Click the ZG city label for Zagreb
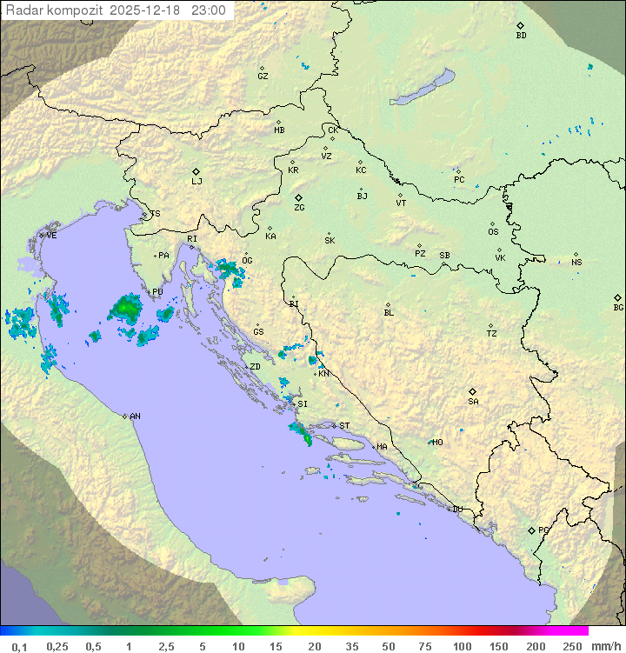[299, 209]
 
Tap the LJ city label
[196, 182]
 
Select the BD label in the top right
[521, 36]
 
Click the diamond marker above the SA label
[473, 391]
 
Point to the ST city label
[344, 426]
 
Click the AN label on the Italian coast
[135, 416]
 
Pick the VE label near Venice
[51, 236]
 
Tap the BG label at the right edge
[618, 308]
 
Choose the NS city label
[576, 263]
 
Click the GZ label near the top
[263, 77]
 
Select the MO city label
[437, 443]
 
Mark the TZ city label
[492, 334]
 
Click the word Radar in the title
[23, 11]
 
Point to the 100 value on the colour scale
[462, 646]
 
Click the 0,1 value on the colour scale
[20, 646]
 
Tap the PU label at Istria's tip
[157, 292]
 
